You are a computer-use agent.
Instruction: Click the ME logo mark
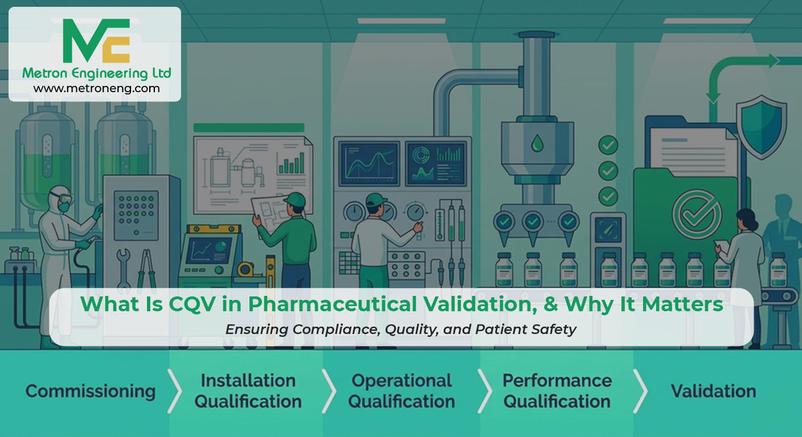point(96,41)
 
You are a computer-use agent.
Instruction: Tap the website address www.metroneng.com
point(96,88)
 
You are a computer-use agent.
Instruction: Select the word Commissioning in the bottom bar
point(91,391)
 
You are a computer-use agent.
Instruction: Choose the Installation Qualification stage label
point(248,391)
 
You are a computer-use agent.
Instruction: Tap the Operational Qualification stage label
point(402,391)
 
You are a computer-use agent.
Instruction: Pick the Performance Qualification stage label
point(557,391)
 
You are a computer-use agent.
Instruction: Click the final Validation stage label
point(713,391)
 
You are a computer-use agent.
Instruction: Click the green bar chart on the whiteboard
point(291,163)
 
